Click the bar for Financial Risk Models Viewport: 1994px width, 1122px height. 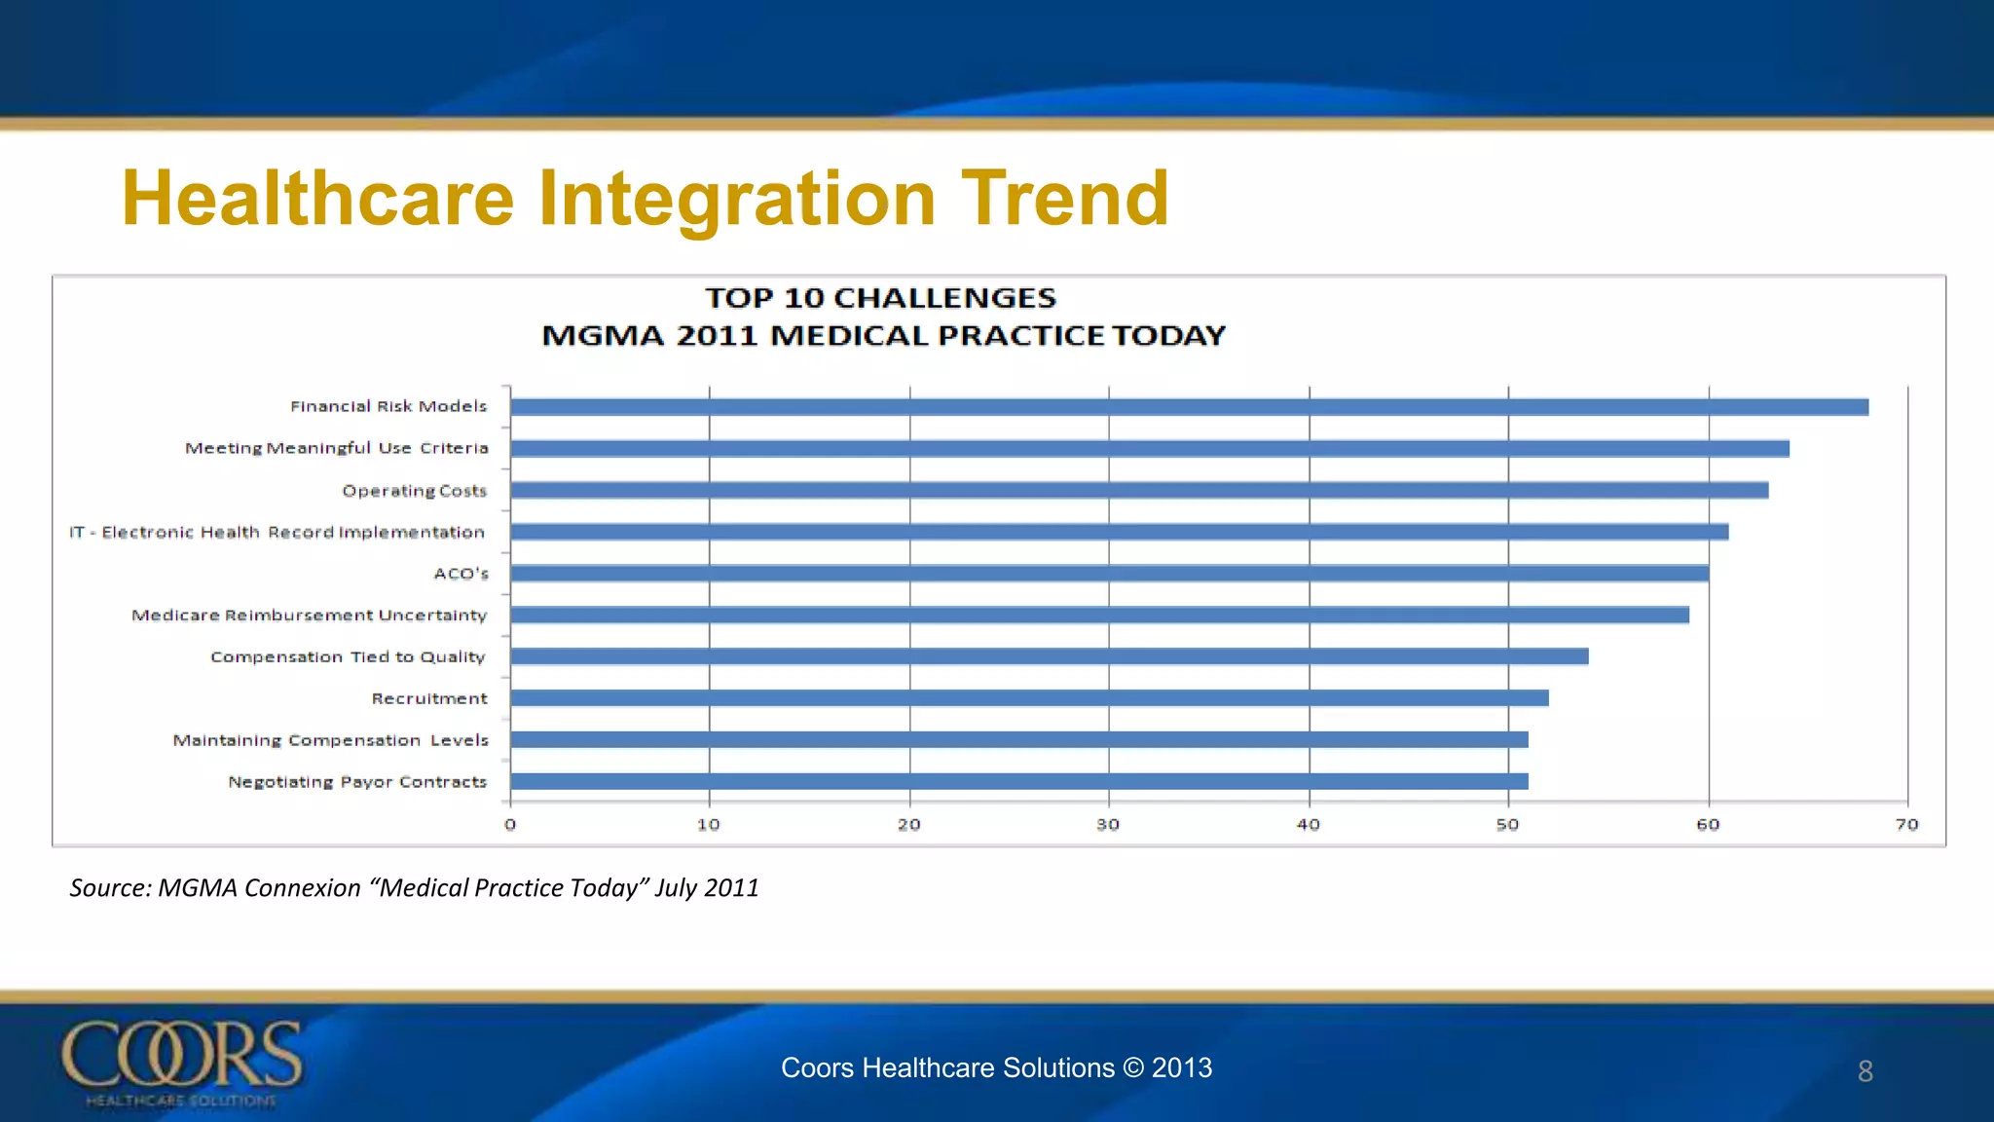pos(1188,407)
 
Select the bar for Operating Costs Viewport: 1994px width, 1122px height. pos(1139,490)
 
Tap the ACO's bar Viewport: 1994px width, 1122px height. pos(1110,574)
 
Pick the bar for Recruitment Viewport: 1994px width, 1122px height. pos(1029,698)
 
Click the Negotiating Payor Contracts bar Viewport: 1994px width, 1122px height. pos(1019,781)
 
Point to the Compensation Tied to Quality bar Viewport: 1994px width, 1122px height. pos(1050,656)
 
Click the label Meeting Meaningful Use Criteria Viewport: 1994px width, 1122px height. pos(337,448)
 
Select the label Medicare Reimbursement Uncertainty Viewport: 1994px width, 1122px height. pos(310,616)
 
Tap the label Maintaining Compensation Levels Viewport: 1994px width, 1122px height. pos(331,740)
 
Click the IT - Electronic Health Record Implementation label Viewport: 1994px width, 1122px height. pos(277,533)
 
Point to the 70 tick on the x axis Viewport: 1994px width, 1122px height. pos(1906,825)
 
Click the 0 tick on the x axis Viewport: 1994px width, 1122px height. pos(510,825)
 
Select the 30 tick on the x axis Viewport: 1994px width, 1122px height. pos(1108,825)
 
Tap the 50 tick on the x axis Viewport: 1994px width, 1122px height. pos(1507,825)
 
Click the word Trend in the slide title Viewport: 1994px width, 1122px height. pos(1065,199)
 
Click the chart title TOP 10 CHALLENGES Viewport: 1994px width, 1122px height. pos(880,298)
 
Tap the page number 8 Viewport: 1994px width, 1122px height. pos(1865,1071)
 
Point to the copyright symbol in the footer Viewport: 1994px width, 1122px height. pos(1133,1068)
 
